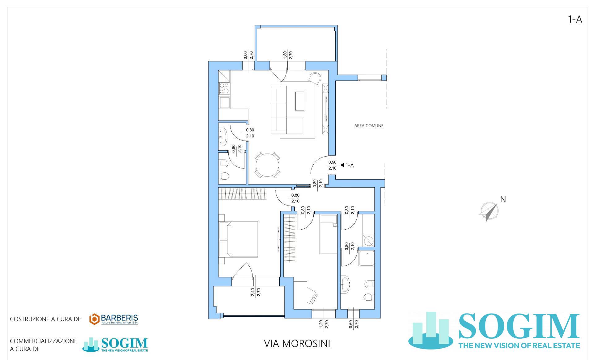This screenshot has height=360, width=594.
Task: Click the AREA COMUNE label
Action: pyautogui.click(x=369, y=126)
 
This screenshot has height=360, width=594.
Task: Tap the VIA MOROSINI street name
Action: pyautogui.click(x=297, y=344)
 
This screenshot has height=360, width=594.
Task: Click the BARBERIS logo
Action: pyautogui.click(x=114, y=319)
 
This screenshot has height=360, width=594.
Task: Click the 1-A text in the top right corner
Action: pyautogui.click(x=575, y=20)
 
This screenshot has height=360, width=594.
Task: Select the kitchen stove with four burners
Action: pyautogui.click(x=224, y=89)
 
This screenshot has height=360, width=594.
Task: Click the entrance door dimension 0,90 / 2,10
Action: pyautogui.click(x=332, y=165)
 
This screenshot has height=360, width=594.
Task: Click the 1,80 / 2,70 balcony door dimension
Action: pyautogui.click(x=287, y=55)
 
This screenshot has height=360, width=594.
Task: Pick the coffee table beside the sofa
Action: pyautogui.click(x=300, y=101)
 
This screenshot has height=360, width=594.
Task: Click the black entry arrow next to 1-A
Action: pyautogui.click(x=342, y=165)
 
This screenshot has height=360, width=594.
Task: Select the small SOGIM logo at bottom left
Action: pyautogui.click(x=115, y=345)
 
